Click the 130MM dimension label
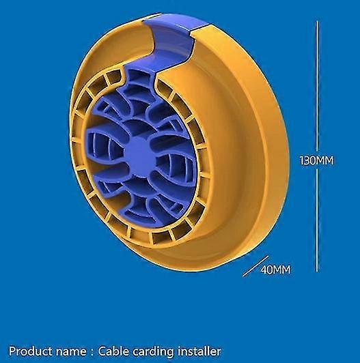tap(317, 160)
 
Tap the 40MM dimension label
tap(275, 270)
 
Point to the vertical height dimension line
tap(318, 146)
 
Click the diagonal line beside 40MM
tap(256, 266)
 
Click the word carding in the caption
tap(153, 352)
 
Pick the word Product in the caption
tap(31, 351)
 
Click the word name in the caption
tap(71, 352)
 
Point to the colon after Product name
tap(92, 352)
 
